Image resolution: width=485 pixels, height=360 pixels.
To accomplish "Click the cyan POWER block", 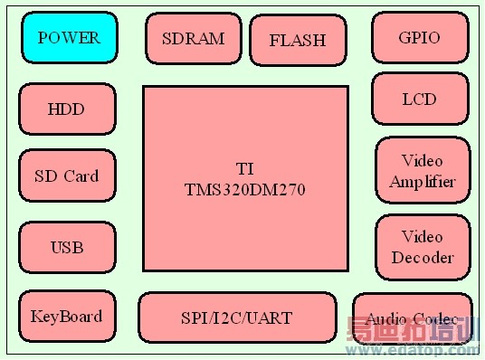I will pos(68,38).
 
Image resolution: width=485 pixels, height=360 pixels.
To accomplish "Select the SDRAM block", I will pos(193,39).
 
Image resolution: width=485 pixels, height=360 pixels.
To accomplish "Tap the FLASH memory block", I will pos(297,41).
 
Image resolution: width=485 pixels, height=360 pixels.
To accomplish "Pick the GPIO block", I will pos(419,38).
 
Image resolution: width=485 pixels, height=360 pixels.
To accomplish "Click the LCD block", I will pos(419,99).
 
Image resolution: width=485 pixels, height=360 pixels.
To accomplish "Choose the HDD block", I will pos(66,109).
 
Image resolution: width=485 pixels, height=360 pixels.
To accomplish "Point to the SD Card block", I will pos(66,176).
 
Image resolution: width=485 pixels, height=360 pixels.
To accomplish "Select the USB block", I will pos(67,247).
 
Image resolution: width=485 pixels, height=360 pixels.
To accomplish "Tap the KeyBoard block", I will pos(66,317).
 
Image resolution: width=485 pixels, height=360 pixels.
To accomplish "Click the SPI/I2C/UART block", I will pos(236,317).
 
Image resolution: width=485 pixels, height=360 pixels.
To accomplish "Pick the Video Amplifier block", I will pos(422,171).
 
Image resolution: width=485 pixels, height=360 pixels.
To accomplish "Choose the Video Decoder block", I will pos(422,247).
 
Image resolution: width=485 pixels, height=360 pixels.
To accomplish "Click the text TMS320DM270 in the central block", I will pos(245,191).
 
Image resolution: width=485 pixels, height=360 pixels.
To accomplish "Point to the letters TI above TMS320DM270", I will pos(244,169).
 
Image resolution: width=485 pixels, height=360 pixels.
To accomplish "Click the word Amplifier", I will pos(422,181).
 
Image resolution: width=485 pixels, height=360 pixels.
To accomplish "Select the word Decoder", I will pos(422,257).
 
